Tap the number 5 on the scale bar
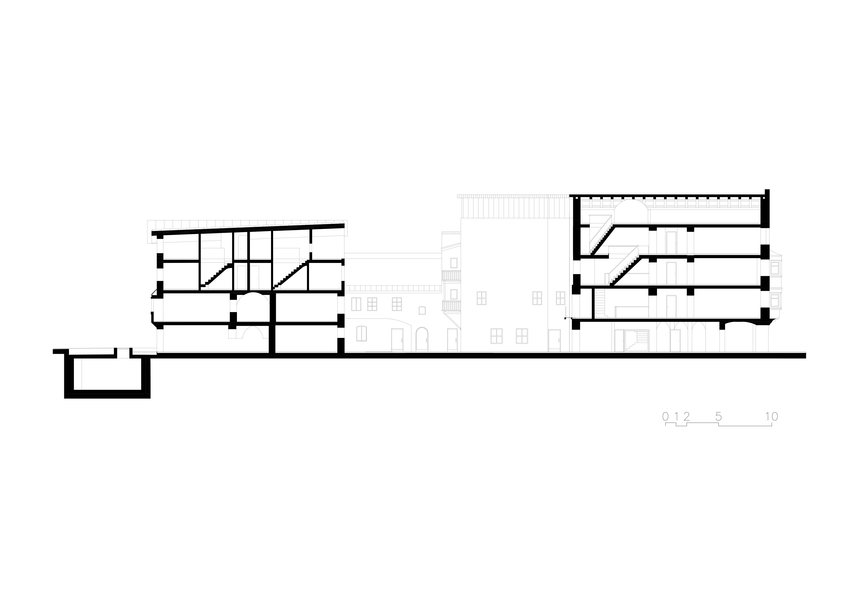point(719,417)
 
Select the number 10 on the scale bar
point(771,417)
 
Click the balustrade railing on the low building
point(393,289)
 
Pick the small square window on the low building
point(422,310)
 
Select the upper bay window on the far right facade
point(775,267)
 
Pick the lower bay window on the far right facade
point(775,300)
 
